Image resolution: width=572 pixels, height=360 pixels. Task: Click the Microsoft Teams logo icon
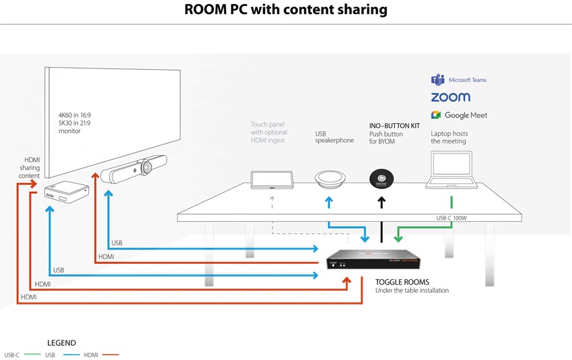438,79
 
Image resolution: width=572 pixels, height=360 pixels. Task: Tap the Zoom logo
450,97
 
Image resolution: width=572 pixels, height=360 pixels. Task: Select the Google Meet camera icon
436,115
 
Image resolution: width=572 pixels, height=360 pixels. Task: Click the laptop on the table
452,170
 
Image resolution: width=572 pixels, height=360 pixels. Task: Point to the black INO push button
382,179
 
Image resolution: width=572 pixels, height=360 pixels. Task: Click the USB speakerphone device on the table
330,179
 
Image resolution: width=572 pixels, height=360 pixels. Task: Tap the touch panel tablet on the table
272,180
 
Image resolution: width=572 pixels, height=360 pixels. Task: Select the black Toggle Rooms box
373,259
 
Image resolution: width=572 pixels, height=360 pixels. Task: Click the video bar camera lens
147,167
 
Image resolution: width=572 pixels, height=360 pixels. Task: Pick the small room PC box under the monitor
67,192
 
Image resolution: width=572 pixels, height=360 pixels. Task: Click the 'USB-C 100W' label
452,218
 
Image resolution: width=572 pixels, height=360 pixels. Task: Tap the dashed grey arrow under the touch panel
272,203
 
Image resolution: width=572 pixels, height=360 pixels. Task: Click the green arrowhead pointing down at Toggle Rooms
398,239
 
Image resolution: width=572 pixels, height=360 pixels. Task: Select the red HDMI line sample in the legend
110,355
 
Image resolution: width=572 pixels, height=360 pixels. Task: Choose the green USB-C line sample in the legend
32,355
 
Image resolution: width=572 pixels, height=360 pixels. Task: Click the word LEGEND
62,343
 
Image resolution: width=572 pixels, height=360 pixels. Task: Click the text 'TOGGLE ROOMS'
402,282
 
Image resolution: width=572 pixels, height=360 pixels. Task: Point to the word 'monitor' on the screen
70,131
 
